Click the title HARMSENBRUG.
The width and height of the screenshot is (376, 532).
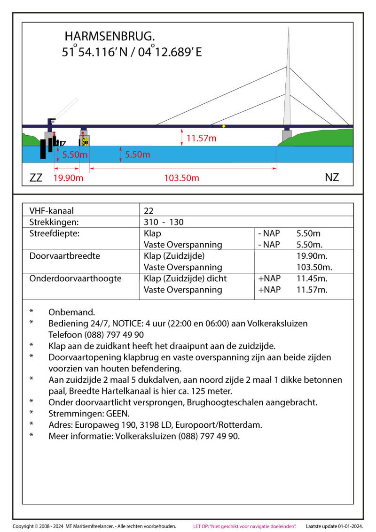(110, 36)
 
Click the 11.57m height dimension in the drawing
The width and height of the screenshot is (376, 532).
(201, 139)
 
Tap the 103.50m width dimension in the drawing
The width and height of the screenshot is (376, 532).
(181, 178)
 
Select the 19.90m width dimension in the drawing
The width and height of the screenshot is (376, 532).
(68, 178)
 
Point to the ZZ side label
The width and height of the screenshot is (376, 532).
(36, 178)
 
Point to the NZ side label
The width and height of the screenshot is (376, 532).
(332, 177)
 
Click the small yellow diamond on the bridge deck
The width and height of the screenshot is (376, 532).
(224, 126)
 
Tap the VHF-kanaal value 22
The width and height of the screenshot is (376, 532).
(149, 211)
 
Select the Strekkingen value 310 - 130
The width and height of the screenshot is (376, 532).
(164, 222)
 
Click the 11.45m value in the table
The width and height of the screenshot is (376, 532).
(312, 278)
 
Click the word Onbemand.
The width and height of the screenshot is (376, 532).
(71, 312)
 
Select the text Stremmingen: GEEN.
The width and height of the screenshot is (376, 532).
(89, 414)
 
